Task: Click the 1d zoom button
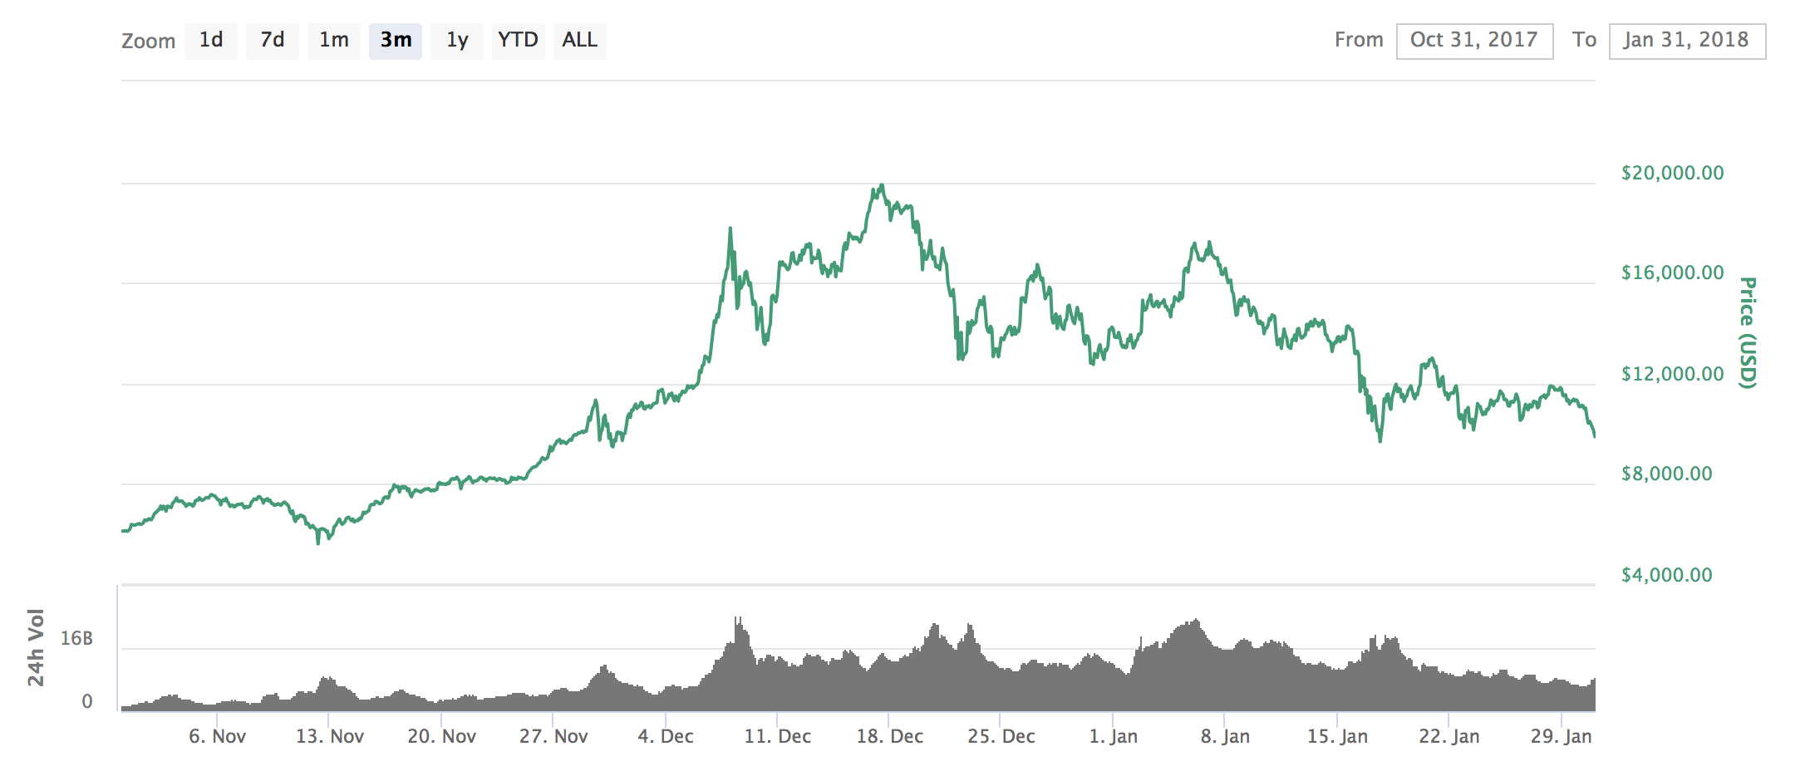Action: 211,40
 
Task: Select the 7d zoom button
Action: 273,40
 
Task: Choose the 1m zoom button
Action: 334,40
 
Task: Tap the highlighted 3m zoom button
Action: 396,40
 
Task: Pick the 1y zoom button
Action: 457,40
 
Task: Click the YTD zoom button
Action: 518,40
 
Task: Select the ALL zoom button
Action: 579,40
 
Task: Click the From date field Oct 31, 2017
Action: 1474,41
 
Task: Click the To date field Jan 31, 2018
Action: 1686,41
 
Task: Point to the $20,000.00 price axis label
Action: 1672,173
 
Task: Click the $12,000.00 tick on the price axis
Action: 1672,374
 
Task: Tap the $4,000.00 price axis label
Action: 1666,575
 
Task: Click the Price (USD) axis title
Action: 1748,332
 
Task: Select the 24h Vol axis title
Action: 36,647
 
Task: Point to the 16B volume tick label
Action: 76,638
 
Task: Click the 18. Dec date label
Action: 889,736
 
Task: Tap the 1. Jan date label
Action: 1113,736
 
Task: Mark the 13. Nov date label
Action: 329,736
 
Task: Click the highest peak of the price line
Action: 882,185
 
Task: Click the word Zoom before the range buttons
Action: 148,41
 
